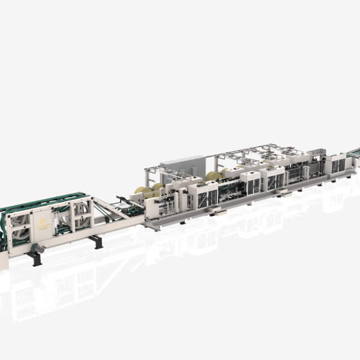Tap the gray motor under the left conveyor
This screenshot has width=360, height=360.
click(x=38, y=247)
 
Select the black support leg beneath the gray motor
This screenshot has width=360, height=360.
click(x=35, y=259)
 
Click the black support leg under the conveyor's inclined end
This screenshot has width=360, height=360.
click(x=95, y=241)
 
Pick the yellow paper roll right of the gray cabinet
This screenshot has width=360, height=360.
click(x=213, y=176)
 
